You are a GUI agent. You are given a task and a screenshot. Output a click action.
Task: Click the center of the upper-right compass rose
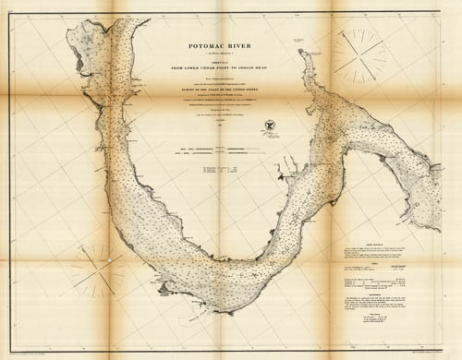(x=359, y=54)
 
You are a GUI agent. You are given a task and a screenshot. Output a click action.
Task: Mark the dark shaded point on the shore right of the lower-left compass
(x=164, y=289)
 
